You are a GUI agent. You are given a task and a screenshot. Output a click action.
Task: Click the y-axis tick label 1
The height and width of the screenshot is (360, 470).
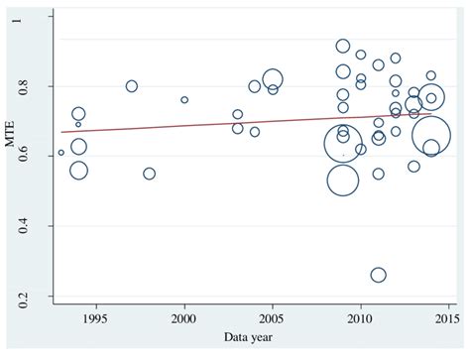pyautogui.click(x=38, y=18)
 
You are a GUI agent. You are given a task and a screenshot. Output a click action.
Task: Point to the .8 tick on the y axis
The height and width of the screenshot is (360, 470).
pyautogui.click(x=36, y=87)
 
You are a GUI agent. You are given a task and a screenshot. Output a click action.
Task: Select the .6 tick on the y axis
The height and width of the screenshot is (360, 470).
pyautogui.click(x=36, y=157)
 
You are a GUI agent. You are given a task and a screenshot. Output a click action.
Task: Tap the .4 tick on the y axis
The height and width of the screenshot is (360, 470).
pyautogui.click(x=36, y=226)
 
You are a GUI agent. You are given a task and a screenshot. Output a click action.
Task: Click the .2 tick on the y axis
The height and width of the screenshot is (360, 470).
pyautogui.click(x=36, y=296)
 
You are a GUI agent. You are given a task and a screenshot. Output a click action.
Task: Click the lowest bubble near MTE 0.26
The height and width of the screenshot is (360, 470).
pyautogui.click(x=378, y=275)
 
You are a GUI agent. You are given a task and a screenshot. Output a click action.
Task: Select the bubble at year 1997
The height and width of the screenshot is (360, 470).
pyautogui.click(x=132, y=86)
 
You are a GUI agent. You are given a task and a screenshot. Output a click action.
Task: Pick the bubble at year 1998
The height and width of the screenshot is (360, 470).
pyautogui.click(x=149, y=174)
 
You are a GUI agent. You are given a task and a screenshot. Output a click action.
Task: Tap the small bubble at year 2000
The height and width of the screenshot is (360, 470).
pyautogui.click(x=184, y=100)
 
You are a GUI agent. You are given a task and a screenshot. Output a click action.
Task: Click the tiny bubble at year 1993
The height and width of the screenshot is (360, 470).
pyautogui.click(x=61, y=153)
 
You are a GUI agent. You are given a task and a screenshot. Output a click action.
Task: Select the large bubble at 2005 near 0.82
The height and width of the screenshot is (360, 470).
pyautogui.click(x=273, y=79)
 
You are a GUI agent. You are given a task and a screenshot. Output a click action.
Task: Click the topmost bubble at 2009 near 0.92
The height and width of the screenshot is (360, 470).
pyautogui.click(x=343, y=46)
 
